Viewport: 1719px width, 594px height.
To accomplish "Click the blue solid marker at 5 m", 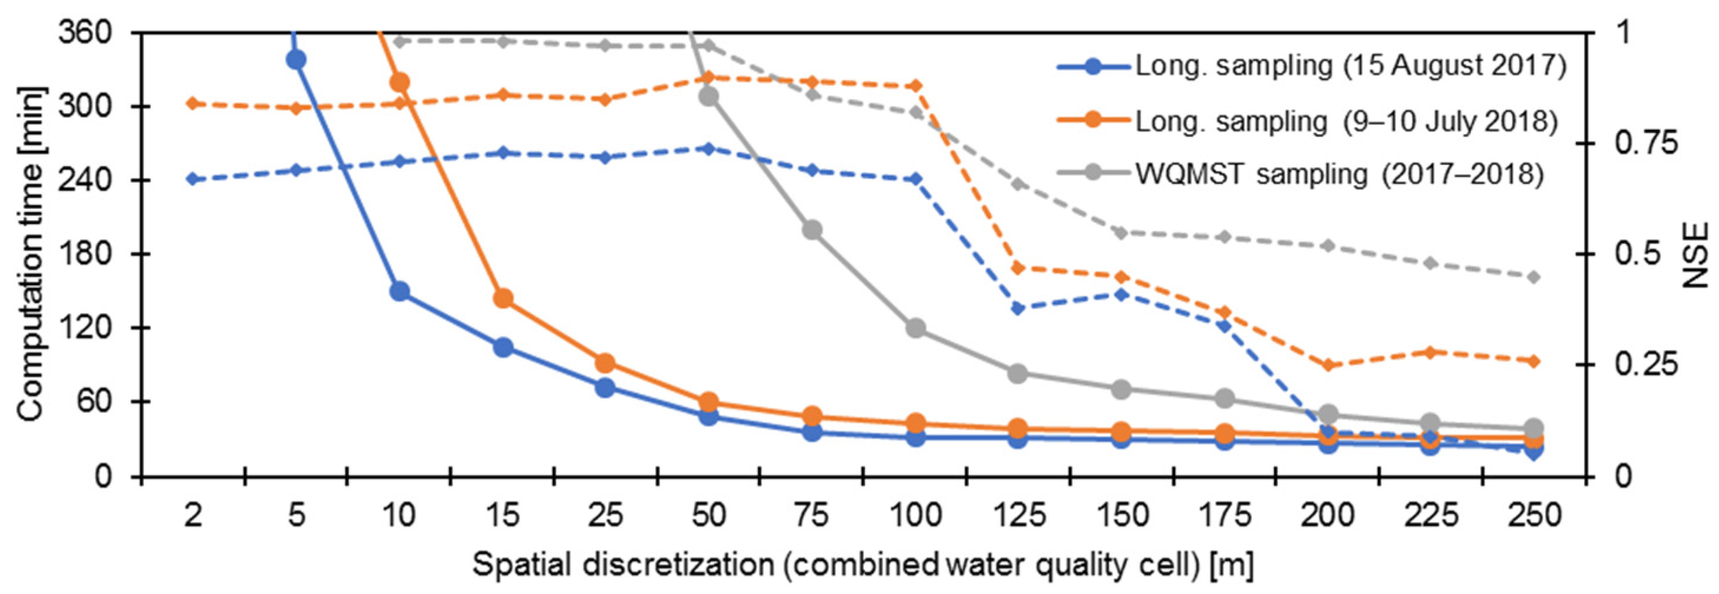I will (x=296, y=60).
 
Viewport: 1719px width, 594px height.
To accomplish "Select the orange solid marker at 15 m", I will (x=503, y=298).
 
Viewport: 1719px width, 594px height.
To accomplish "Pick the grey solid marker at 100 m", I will (x=916, y=328).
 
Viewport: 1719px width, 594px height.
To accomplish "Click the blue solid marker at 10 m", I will (x=400, y=291).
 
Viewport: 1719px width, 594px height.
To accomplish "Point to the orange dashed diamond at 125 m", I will (x=1018, y=268).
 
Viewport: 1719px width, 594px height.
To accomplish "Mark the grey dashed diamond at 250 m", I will (x=1533, y=277).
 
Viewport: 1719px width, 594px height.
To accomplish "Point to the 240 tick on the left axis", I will (x=100, y=180).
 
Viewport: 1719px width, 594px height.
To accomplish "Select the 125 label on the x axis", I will (x=1018, y=515).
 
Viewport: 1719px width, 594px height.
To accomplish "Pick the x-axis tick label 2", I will (x=193, y=515).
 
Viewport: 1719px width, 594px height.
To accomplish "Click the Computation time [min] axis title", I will (x=29, y=253).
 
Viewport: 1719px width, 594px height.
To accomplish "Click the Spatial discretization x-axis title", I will (x=863, y=565).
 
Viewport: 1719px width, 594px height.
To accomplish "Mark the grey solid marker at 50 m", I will (x=709, y=97).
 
